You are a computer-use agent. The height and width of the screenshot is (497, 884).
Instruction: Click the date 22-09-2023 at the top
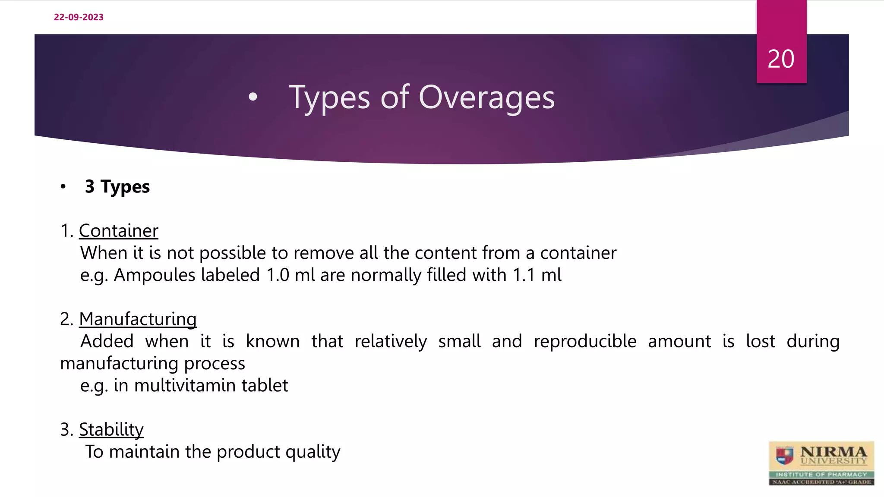(79, 17)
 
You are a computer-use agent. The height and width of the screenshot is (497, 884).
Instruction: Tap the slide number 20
(781, 59)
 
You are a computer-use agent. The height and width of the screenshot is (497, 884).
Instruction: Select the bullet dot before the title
(253, 97)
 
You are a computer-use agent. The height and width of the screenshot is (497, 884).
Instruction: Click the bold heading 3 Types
(117, 187)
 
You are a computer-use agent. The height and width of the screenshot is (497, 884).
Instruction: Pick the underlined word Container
(119, 231)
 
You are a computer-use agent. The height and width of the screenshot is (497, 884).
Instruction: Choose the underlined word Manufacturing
(138, 319)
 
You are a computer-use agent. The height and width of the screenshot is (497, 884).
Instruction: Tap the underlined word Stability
(111, 430)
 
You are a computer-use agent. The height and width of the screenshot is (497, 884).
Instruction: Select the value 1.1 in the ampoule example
(524, 275)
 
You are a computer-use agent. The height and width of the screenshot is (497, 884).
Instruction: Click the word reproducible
(585, 341)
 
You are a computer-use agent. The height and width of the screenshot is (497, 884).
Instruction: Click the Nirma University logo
(821, 463)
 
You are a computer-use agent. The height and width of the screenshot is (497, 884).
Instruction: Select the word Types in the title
(329, 98)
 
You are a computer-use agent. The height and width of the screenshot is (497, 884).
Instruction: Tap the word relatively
(391, 341)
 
